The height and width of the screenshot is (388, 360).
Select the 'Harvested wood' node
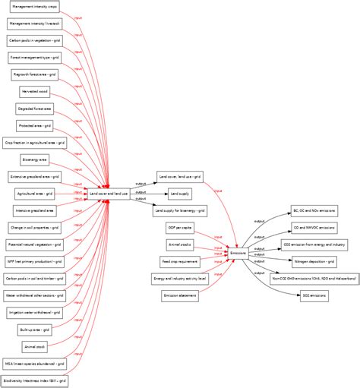(x=35, y=91)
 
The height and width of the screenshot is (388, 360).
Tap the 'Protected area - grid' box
(x=35, y=125)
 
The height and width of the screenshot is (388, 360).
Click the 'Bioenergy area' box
(x=35, y=159)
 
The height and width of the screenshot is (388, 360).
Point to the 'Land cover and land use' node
(x=109, y=194)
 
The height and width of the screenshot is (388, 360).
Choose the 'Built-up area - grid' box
(x=35, y=330)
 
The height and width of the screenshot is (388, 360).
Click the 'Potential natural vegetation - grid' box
(x=35, y=244)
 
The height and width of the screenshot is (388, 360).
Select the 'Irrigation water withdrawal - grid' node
(x=35, y=312)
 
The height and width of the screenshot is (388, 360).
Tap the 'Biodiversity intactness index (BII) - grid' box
(x=35, y=380)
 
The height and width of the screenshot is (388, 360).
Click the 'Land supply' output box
(x=180, y=194)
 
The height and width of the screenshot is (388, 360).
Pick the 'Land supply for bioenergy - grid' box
(x=180, y=210)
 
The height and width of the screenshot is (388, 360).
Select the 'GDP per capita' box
(x=180, y=228)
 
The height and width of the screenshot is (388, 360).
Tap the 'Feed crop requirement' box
(x=180, y=261)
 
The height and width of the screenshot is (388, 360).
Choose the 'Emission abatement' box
(x=180, y=295)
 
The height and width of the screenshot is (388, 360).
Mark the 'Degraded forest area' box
(x=35, y=109)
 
